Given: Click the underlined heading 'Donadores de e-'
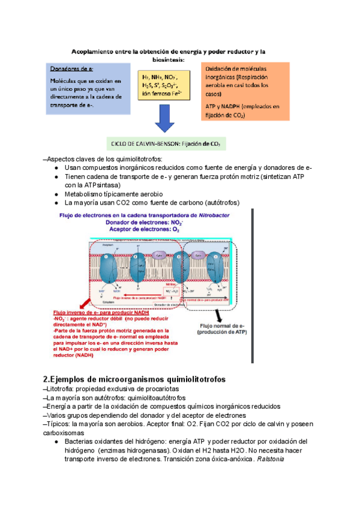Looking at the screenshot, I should [71, 69].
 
